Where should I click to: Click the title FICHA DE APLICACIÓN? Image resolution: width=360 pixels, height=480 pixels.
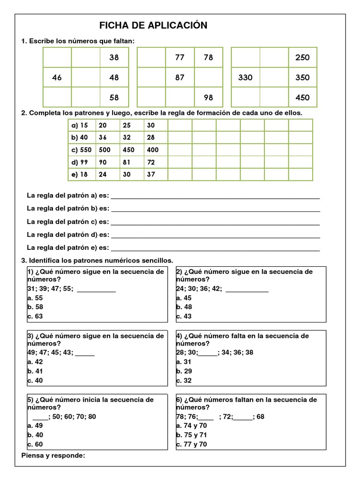coord(153,25)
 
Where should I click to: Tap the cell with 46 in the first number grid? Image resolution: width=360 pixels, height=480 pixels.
coord(57,78)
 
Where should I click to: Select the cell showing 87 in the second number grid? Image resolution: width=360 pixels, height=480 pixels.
coord(180,78)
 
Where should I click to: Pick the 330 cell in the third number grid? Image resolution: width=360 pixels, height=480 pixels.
coord(245,78)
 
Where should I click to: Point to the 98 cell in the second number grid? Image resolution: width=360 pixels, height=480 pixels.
coord(209,97)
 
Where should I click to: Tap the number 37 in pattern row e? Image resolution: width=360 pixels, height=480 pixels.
coord(150,174)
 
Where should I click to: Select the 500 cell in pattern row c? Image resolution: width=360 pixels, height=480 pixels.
coord(105,150)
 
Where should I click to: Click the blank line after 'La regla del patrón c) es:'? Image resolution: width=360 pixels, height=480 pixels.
coord(215,222)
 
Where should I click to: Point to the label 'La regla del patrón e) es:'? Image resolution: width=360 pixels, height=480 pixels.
coord(68,247)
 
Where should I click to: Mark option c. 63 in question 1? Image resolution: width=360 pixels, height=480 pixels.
coord(35,316)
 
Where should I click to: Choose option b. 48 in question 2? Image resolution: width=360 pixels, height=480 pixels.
coord(184,307)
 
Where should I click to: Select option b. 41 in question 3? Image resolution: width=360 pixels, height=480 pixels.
coord(35,371)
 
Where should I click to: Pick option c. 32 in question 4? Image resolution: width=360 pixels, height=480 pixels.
coord(184,381)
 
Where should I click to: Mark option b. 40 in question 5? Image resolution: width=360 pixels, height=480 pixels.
coord(35,435)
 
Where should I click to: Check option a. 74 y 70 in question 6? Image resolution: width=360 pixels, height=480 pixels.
coord(191,426)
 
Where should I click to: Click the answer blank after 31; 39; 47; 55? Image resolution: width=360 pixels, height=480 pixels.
coord(96,289)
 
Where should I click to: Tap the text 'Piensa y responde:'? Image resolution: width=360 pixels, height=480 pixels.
coord(53,455)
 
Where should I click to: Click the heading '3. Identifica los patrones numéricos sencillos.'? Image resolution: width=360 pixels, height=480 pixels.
coord(97,260)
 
